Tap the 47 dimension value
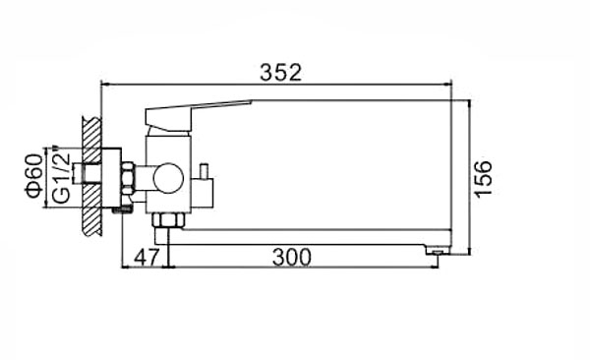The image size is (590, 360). coord(147,258)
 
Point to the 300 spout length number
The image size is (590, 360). coord(292,258)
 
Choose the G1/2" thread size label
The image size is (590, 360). coord(60,177)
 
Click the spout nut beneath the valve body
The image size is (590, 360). coord(167,218)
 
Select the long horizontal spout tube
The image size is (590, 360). coord(305,239)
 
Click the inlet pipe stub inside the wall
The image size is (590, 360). coord(90,178)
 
